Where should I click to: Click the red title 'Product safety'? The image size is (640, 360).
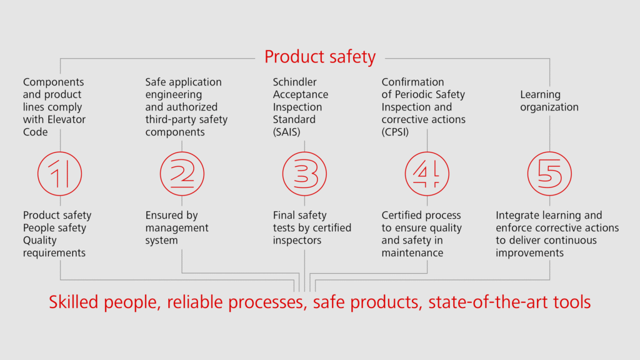pos(319,57)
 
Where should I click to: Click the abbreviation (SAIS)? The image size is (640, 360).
pos(286,132)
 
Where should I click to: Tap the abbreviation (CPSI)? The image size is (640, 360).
pos(395,132)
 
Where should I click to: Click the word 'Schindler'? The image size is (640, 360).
pos(295,82)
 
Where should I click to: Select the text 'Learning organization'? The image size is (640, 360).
pos(549,101)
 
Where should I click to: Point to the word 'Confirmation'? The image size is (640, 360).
pos(412,82)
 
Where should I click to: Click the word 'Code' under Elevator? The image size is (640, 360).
pos(35,132)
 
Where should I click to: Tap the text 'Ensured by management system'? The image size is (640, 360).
pos(177,227)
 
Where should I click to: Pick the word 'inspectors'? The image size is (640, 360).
pos(297,241)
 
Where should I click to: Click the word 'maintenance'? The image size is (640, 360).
pos(412,253)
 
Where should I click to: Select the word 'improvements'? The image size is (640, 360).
pos(530,253)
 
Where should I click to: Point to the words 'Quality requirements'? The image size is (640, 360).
pos(54,246)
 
